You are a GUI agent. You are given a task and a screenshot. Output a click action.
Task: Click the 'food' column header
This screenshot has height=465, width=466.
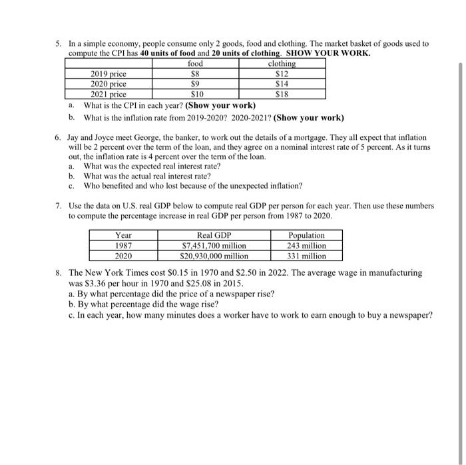[195, 64]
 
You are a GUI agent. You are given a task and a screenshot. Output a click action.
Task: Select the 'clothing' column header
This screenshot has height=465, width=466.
[281, 64]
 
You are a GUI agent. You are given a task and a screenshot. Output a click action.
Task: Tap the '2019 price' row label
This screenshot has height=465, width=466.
[108, 74]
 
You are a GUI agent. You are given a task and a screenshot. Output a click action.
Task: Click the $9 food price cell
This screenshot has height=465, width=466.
[195, 84]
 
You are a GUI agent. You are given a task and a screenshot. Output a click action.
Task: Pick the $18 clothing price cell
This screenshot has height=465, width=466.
[281, 94]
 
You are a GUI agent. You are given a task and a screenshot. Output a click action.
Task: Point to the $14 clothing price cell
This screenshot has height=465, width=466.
[281, 84]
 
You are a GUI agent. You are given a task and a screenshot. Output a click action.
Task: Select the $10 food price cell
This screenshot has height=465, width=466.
[195, 94]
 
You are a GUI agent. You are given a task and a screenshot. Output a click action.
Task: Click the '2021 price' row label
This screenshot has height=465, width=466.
[108, 94]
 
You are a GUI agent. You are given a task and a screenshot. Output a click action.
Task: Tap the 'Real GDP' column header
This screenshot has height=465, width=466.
[214, 235]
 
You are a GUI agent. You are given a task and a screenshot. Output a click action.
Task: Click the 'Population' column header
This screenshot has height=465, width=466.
[306, 235]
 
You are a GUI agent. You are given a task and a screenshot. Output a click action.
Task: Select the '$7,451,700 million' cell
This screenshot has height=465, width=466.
[214, 245]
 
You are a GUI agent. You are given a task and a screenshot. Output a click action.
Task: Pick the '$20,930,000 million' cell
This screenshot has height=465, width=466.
[214, 255]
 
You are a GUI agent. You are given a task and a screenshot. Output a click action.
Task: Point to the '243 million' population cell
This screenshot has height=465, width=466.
[306, 245]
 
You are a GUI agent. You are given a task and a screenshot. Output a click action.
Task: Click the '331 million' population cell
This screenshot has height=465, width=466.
[306, 255]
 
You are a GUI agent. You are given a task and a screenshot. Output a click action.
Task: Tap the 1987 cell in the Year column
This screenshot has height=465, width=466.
[124, 245]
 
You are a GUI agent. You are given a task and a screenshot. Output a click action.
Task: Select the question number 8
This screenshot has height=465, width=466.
[59, 273]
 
